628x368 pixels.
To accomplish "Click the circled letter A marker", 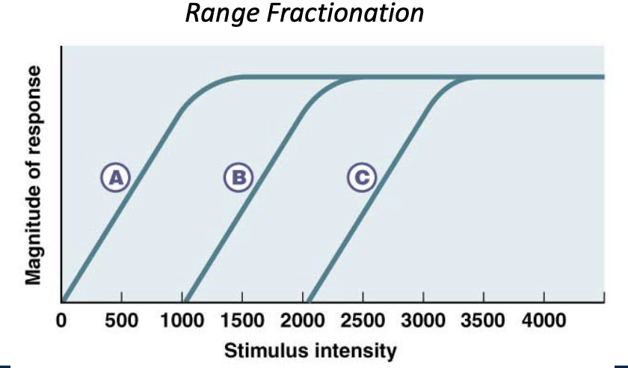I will (116, 177).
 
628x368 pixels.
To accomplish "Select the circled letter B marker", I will (238, 177).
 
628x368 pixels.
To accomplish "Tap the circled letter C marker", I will (362, 177).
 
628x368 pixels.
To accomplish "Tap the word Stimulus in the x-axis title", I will (259, 349).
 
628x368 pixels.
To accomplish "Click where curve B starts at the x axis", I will (187, 301).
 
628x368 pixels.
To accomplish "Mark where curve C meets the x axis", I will (310, 301).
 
